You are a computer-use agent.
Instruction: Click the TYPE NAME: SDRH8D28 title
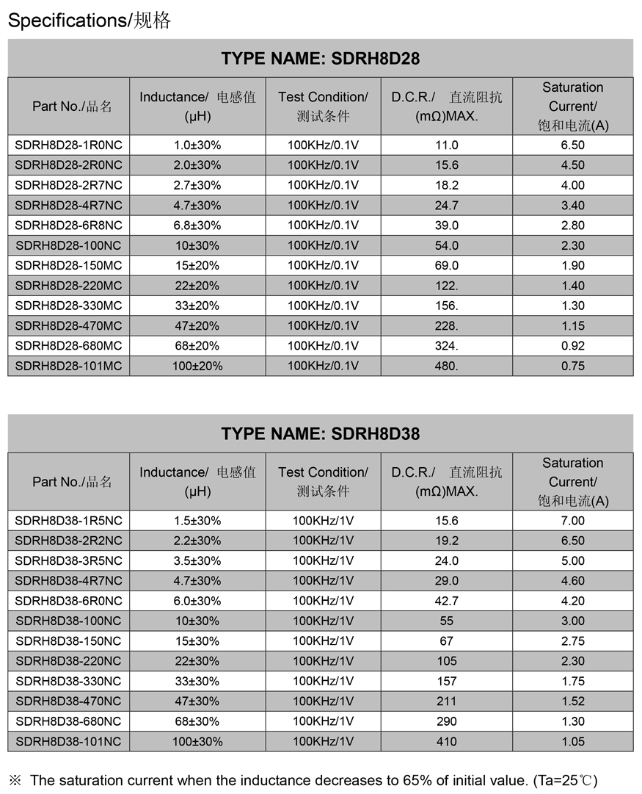321,59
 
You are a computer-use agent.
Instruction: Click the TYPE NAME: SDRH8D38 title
321,434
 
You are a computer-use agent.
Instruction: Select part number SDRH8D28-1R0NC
69,145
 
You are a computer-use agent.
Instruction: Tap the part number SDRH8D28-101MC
69,366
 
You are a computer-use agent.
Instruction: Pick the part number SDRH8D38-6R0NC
69,601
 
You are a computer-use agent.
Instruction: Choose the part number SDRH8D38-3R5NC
69,560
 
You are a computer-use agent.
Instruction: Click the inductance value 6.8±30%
197,225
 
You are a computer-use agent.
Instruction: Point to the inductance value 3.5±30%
197,560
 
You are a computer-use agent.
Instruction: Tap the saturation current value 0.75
572,366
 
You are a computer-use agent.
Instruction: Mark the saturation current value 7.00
572,521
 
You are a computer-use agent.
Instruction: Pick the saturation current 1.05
572,741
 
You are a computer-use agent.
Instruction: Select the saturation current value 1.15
572,325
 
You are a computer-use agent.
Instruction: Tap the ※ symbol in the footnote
15,780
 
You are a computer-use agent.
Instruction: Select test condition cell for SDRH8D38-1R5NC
323,521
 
